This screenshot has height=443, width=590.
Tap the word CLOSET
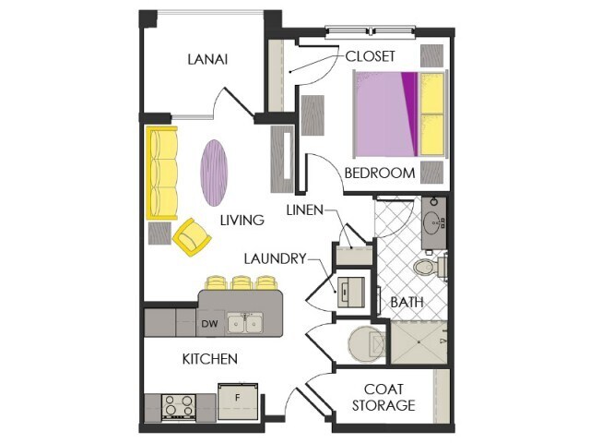coord(371,55)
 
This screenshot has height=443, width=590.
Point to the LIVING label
coord(242,221)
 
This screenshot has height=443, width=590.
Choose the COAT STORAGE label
coord(384,397)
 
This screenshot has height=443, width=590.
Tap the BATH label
coord(407,302)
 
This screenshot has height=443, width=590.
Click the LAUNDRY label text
coord(275,259)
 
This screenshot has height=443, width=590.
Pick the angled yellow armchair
coord(193,237)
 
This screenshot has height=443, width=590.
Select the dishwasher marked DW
coord(209,324)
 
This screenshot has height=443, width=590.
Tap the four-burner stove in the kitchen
coord(176,406)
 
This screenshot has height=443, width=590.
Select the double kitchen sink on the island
coord(245,323)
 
